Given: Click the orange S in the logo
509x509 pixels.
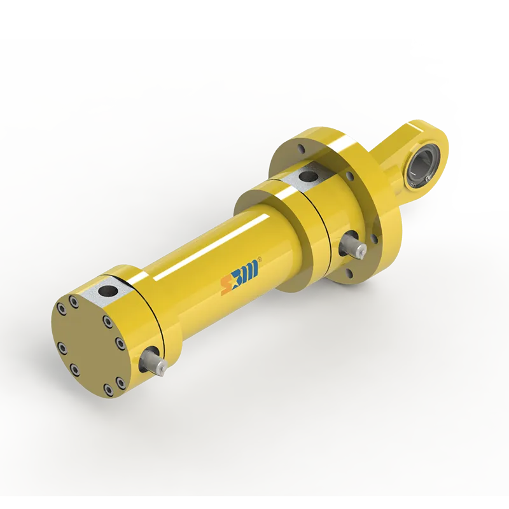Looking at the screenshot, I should pos(226,286).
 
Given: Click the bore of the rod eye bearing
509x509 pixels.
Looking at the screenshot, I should pos(422,165).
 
